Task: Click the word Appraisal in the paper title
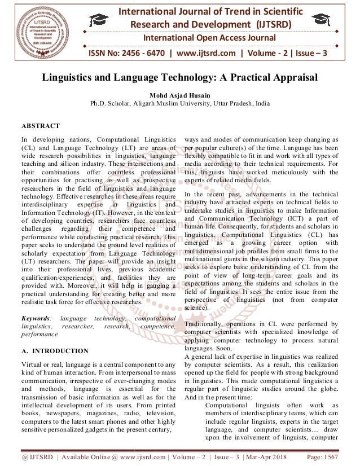point(287,78)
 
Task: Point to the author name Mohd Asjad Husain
point(180,95)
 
